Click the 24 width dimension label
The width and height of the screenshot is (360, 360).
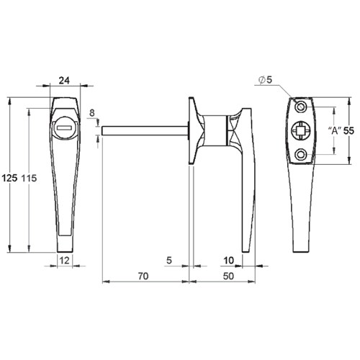point(64,81)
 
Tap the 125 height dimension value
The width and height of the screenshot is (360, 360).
point(9,178)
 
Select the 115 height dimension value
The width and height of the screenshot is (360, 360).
point(30,178)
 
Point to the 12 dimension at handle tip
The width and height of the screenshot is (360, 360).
point(64,260)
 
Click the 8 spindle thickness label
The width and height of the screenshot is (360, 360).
point(92,113)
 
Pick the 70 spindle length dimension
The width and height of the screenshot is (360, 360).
point(143,276)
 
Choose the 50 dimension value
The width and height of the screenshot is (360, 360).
point(228,276)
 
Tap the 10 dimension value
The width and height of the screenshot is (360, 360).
point(229,261)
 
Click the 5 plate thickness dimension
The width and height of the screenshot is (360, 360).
point(169,261)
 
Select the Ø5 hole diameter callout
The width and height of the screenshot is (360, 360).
point(266,80)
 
